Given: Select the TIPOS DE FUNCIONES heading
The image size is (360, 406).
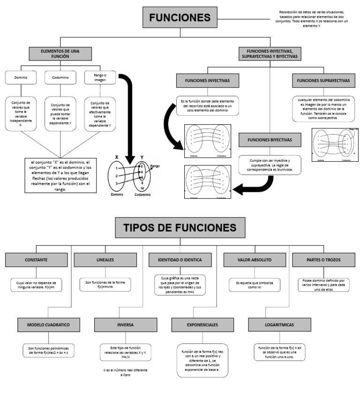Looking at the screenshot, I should [180, 228].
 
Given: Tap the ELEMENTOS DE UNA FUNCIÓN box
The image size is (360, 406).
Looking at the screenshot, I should [55, 53].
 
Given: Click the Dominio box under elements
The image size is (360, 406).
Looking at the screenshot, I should [21, 77].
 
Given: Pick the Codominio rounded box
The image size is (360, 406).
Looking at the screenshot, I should [60, 77].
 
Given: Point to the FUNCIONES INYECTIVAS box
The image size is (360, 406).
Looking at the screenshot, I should [207, 81].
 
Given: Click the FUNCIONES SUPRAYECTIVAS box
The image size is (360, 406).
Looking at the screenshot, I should [323, 81].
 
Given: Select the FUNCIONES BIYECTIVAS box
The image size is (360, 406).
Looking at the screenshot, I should [270, 140].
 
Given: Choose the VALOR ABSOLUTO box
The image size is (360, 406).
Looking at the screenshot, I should [251, 259].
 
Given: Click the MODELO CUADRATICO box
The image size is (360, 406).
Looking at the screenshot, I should [48, 324].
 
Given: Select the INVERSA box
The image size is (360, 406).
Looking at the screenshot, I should [125, 324].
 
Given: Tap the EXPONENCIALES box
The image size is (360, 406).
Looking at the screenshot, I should [202, 324].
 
